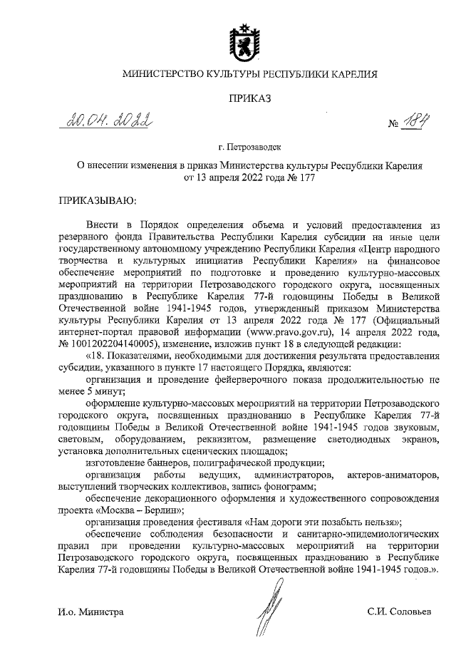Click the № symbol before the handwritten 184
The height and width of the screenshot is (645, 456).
(x=393, y=124)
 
